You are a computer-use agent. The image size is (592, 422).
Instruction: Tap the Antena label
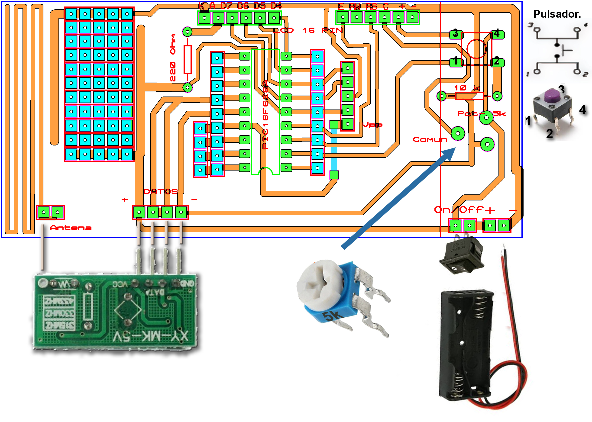click(71, 228)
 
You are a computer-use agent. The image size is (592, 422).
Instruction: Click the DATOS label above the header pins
click(160, 191)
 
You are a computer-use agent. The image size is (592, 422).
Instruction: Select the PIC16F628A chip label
click(265, 114)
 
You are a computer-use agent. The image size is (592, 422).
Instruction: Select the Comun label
click(430, 139)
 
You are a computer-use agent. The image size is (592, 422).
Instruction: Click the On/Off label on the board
click(459, 210)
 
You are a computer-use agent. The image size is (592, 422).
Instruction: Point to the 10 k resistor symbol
click(469, 96)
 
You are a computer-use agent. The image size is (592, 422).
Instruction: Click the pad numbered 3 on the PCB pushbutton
click(456, 34)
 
